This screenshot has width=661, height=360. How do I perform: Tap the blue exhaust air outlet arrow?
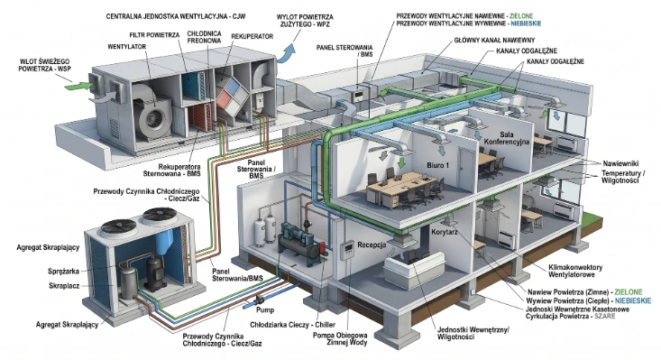289,52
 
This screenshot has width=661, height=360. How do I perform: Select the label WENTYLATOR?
127,46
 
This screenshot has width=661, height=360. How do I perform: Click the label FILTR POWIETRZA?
154,35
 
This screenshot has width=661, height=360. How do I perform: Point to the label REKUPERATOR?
252,37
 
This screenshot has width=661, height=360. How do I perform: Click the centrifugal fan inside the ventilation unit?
151,115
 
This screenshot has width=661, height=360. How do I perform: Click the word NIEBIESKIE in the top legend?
526,23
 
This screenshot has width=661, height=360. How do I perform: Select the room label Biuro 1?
437,165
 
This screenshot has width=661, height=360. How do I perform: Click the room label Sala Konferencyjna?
506,138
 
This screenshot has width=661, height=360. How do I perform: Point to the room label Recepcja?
372,245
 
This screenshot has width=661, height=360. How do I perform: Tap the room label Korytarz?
445,232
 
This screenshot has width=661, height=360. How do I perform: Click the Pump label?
265,309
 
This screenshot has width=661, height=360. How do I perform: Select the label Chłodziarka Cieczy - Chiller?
292,325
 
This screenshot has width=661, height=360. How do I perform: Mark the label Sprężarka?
63,272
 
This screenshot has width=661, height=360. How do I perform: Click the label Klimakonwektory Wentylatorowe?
575,271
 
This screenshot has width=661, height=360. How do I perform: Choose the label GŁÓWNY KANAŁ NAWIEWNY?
494,41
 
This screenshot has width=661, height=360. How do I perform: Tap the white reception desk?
416,270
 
